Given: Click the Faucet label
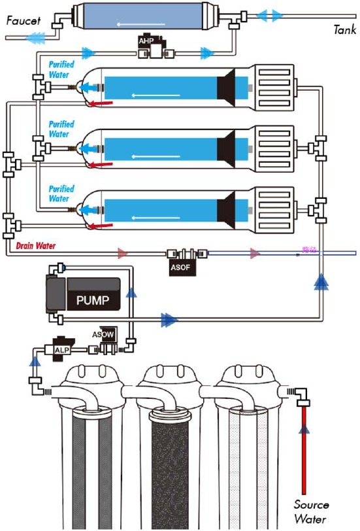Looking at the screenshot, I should click(23, 21).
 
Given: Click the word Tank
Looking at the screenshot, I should click(344, 29).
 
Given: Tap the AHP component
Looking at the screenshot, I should click(145, 41).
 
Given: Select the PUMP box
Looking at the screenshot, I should click(93, 301).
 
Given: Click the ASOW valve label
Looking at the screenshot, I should click(102, 335).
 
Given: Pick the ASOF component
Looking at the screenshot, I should click(179, 266).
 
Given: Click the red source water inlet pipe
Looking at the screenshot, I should click(303, 451).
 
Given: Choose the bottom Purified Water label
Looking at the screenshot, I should click(61, 194).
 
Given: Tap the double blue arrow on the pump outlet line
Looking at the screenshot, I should click(169, 320).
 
